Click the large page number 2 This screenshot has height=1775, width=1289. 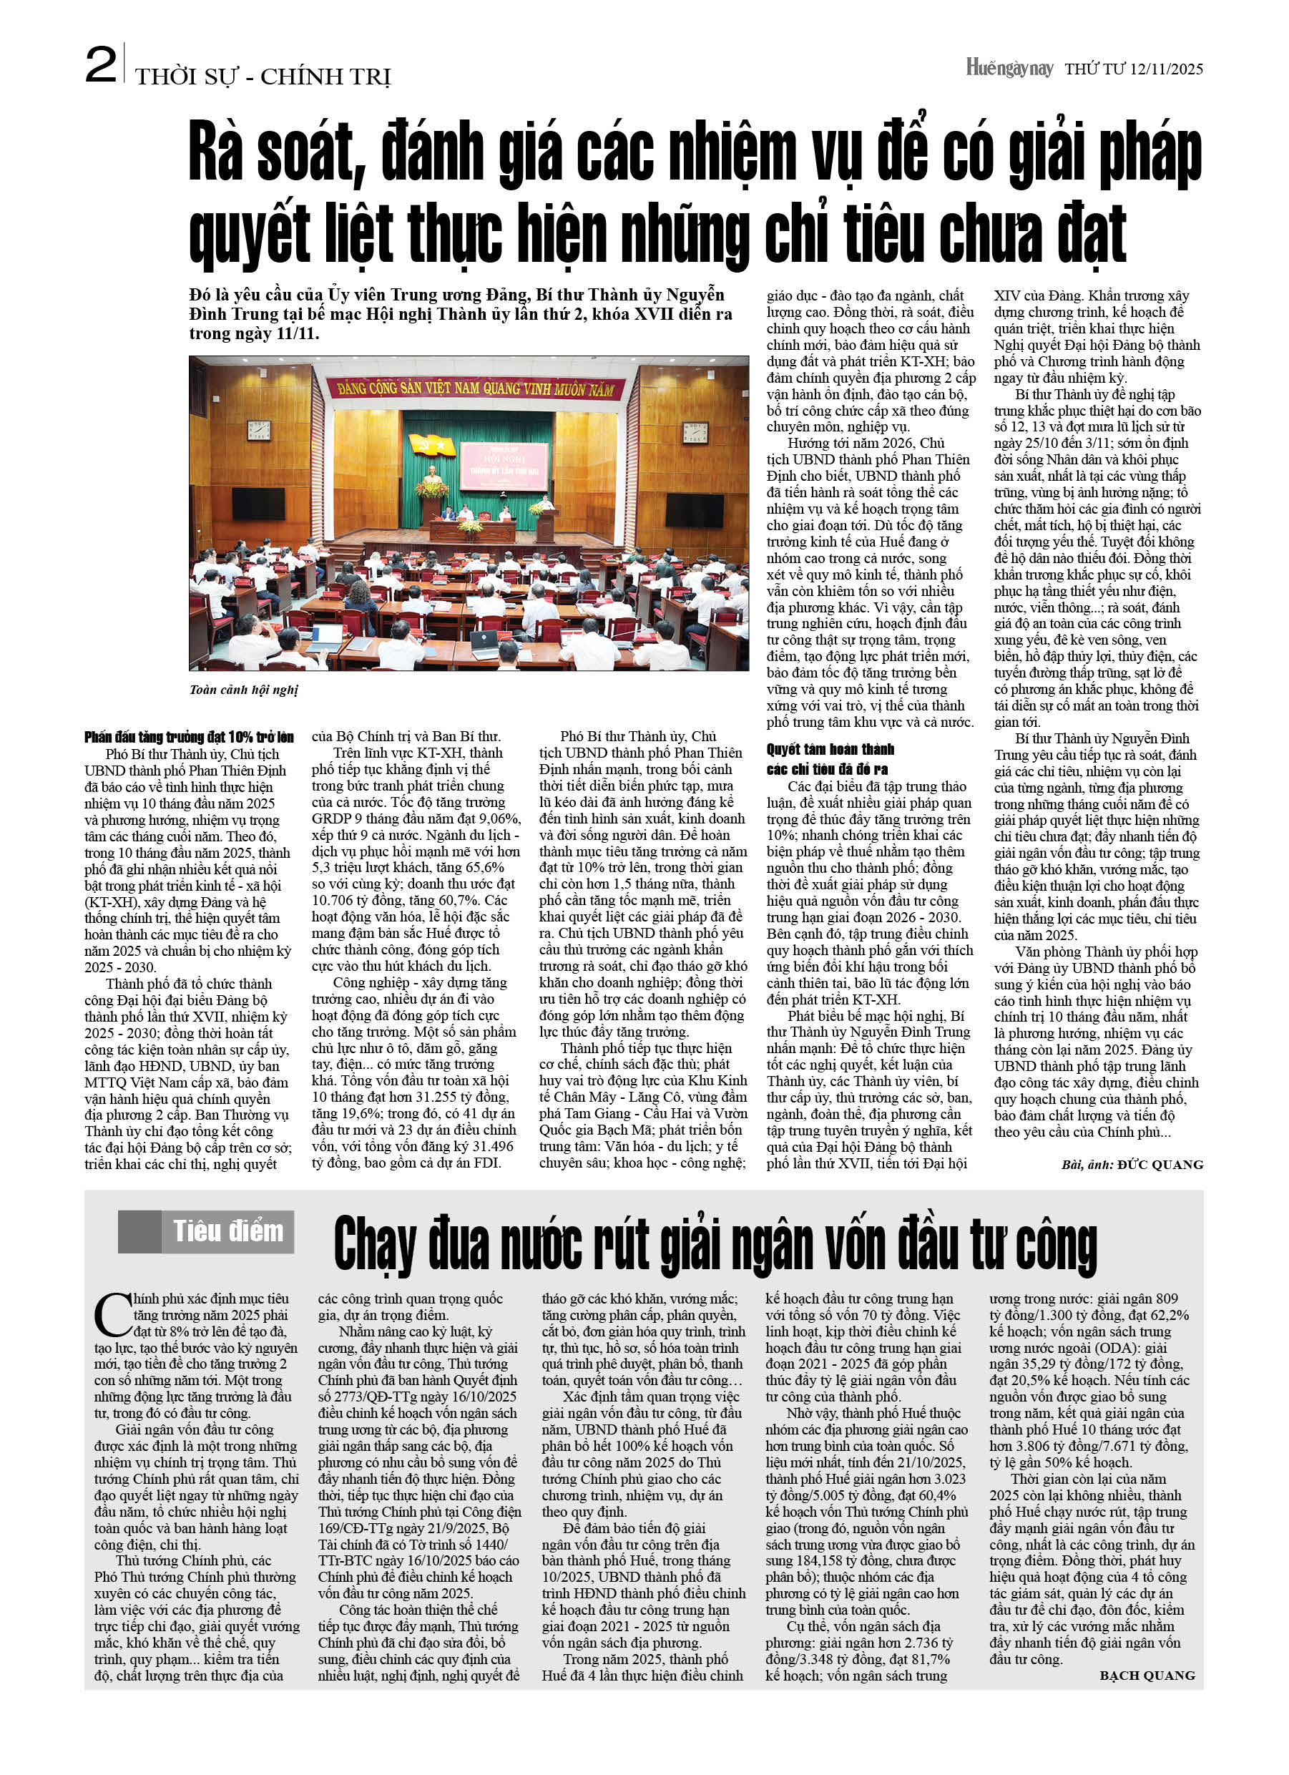pos(101,65)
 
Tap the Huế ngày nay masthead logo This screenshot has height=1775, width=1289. pos(1009,68)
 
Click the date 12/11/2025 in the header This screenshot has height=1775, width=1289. pos(1166,69)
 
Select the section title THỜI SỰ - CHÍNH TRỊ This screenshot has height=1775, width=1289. pos(263,77)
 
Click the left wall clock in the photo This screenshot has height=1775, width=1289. pos(259,430)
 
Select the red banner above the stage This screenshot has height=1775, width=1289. pos(475,388)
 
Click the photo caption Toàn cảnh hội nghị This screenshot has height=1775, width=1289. pos(243,690)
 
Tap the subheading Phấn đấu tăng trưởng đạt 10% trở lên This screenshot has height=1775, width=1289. pos(189,737)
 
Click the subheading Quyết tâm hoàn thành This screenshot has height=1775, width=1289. pos(830,750)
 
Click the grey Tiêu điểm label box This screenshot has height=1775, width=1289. pos(206,1232)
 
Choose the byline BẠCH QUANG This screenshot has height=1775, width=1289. pos(1147,1676)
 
